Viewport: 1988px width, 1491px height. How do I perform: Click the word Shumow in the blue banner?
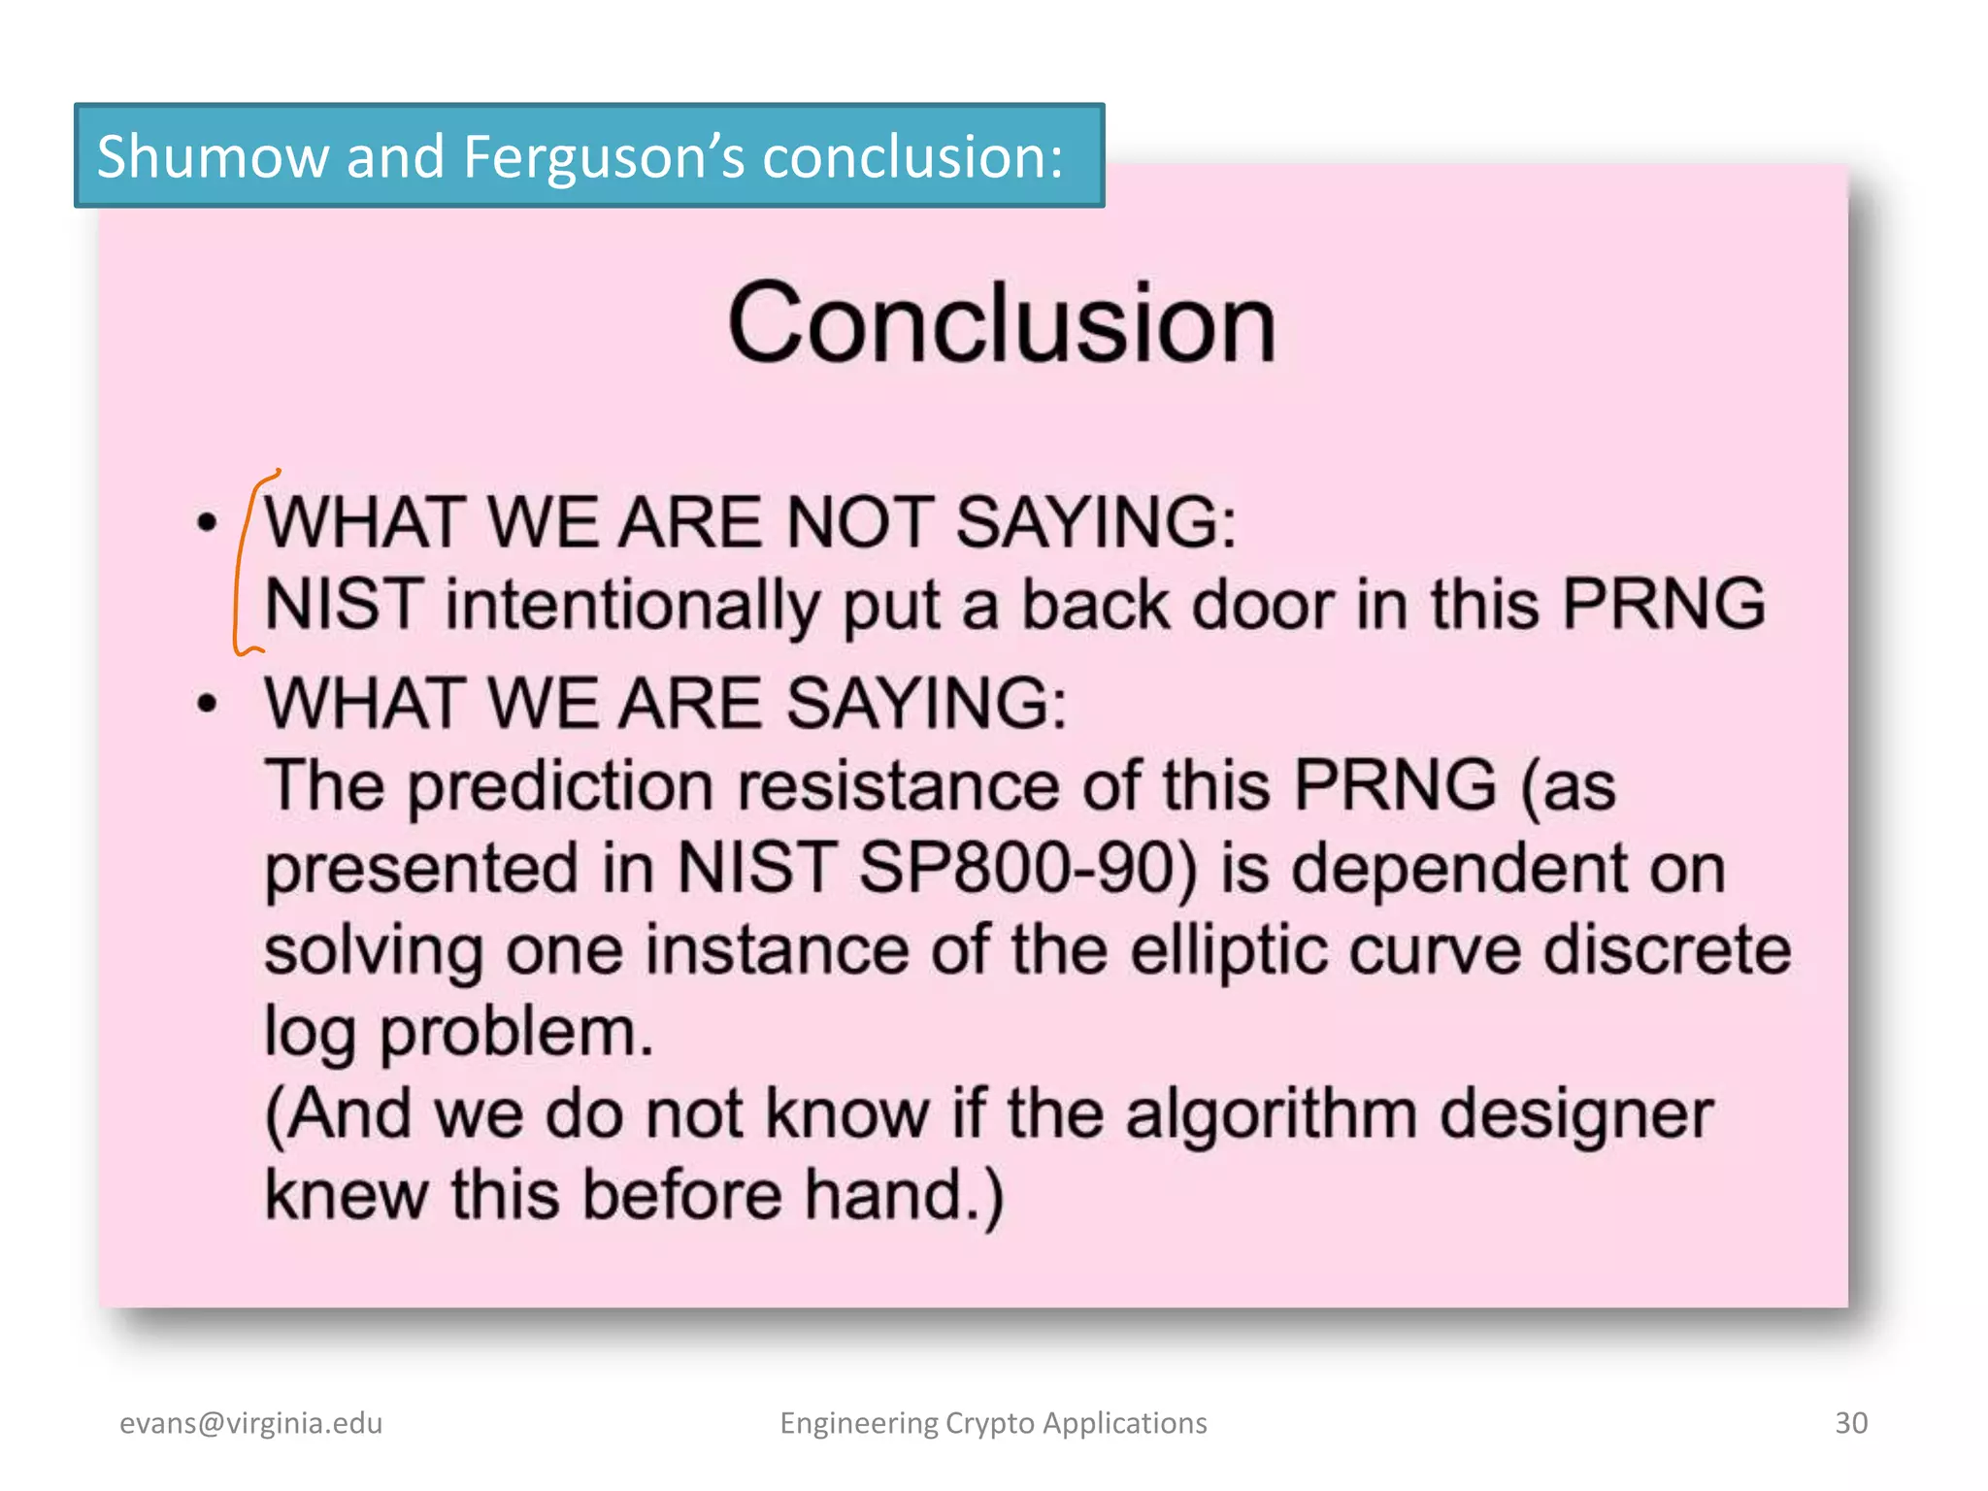pos(213,156)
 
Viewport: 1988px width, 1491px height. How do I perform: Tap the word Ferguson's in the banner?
pos(603,158)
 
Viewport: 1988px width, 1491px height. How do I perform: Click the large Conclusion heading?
pos(1001,323)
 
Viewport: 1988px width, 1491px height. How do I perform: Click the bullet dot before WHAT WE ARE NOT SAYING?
pos(207,523)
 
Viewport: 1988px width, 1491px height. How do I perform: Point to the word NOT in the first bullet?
pos(859,523)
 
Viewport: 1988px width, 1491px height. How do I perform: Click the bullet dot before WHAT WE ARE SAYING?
pos(207,703)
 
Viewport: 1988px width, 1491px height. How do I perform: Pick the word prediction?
pos(560,785)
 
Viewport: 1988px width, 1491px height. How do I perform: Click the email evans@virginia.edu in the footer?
pos(250,1423)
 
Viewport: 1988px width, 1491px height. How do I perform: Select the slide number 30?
pos(1850,1423)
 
